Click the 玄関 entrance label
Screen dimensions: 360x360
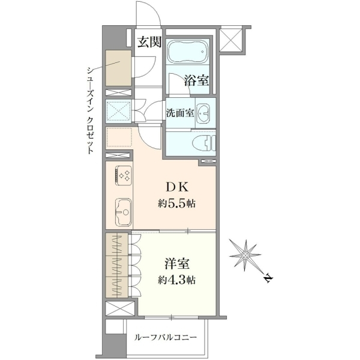149,42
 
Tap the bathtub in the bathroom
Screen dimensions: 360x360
188,52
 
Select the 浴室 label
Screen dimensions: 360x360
197,80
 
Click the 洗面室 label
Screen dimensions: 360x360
180,113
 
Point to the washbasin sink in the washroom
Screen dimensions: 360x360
203,113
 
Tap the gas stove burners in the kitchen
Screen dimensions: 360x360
124,176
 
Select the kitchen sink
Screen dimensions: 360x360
123,212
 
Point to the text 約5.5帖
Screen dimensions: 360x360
176,203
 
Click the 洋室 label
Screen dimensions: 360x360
177,263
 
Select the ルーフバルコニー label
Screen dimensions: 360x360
166,337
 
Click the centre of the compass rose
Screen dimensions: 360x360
245,255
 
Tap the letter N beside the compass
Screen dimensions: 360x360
268,278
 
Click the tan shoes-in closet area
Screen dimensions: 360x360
118,68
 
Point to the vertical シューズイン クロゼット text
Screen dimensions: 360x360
90,110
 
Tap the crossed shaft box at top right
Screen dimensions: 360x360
231,40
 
